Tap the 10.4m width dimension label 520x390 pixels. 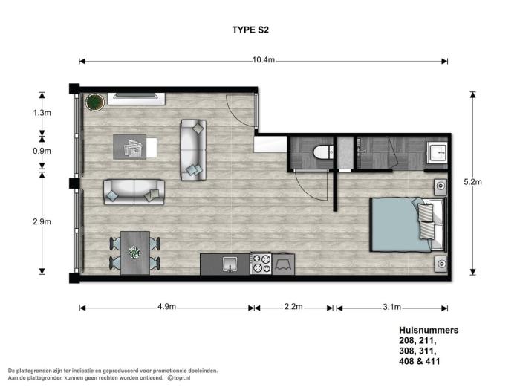click(x=263, y=61)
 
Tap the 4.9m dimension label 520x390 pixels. click(x=167, y=307)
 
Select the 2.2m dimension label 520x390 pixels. click(x=294, y=307)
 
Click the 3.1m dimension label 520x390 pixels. click(x=391, y=307)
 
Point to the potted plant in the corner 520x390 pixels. click(x=94, y=102)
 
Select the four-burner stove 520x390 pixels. click(x=261, y=264)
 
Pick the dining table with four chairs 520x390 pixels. click(x=135, y=253)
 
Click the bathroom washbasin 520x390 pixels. click(x=436, y=154)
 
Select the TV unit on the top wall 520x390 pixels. click(x=137, y=97)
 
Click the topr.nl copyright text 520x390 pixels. click(x=179, y=378)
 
